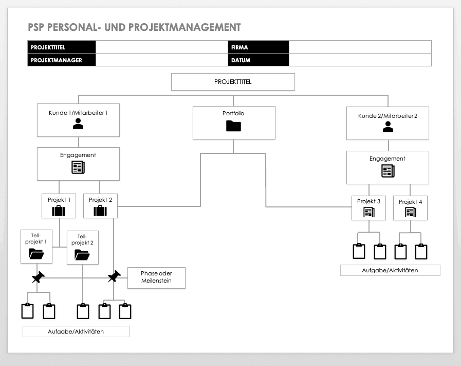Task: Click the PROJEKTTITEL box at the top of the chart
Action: [233, 82]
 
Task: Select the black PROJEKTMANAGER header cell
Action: [62, 60]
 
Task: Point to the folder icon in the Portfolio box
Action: [233, 126]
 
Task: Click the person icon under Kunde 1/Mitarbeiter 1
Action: [78, 124]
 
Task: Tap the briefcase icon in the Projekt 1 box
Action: [59, 211]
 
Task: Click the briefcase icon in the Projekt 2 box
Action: [100, 211]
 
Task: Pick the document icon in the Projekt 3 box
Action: [368, 212]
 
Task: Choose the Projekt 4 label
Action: [410, 202]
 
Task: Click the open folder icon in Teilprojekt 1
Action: [36, 253]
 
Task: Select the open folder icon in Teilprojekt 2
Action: [82, 254]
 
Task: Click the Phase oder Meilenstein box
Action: [156, 277]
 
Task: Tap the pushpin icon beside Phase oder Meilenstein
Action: [114, 276]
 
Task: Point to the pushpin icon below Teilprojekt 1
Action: [38, 277]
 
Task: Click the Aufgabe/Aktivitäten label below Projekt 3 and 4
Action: [390, 270]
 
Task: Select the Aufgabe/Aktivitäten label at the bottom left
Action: [76, 332]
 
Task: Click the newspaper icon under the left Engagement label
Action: [78, 167]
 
